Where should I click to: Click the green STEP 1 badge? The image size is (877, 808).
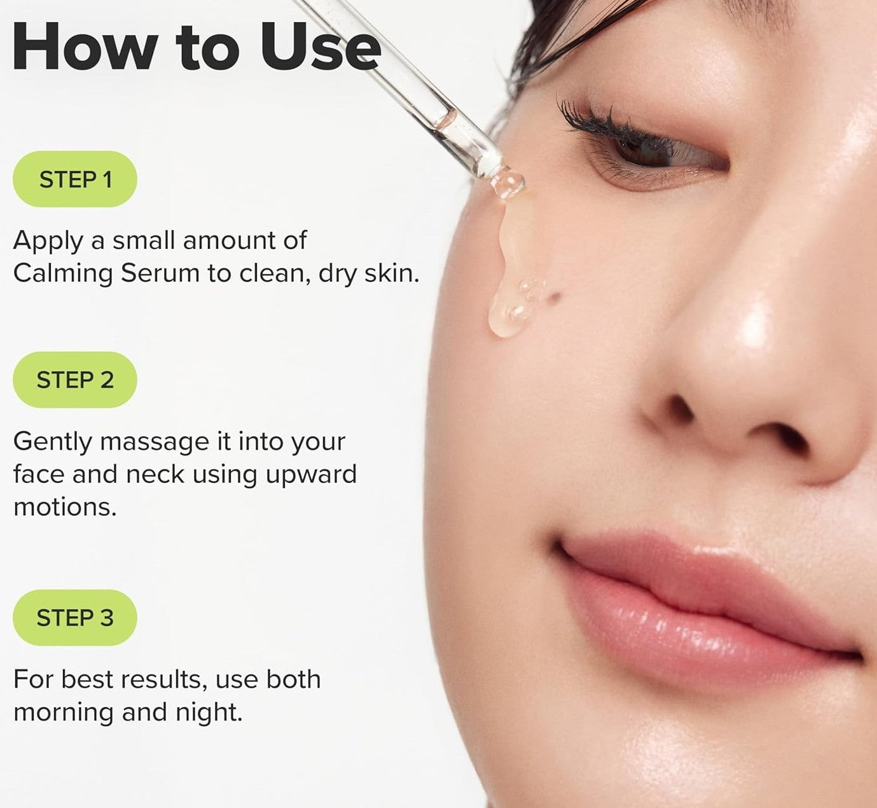pos(75,179)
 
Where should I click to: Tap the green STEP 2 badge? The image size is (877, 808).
pos(75,380)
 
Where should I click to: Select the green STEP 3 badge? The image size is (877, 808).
pos(75,618)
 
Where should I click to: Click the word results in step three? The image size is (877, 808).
pos(165,679)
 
